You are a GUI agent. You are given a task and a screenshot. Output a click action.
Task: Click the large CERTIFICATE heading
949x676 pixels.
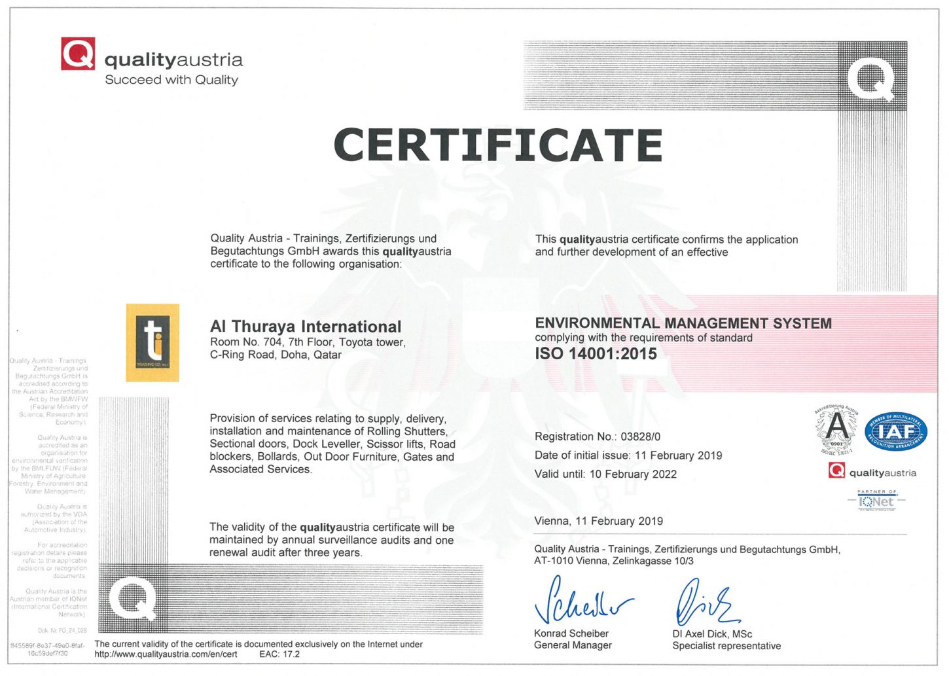(498, 145)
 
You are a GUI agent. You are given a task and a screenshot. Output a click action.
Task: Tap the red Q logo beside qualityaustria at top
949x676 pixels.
(78, 54)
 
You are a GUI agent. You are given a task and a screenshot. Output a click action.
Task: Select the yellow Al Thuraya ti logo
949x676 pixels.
(152, 342)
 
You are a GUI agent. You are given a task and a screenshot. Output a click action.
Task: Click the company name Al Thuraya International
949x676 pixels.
(306, 327)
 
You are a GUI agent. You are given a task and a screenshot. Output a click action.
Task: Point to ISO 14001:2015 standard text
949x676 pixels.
(596, 354)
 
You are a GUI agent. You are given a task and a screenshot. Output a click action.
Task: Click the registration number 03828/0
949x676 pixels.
(640, 436)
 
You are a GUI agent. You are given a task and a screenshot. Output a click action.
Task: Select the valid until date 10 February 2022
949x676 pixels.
(633, 474)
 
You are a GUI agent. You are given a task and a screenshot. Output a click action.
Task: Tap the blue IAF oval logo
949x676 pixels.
(896, 433)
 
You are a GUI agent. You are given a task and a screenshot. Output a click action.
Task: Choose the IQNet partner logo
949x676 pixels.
(876, 501)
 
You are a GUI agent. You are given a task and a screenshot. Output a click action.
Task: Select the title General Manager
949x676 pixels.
(573, 645)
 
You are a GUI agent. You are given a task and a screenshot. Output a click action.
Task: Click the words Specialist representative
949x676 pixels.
(726, 646)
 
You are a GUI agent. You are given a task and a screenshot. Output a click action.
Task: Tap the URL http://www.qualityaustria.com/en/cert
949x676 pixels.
(166, 654)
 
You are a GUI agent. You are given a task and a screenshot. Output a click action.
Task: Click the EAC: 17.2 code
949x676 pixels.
(279, 654)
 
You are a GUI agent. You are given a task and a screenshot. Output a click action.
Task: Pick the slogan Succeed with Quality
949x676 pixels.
(171, 80)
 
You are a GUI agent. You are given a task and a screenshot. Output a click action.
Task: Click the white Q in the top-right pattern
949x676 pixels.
(871, 79)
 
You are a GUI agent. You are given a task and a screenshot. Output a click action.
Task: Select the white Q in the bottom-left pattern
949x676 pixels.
(132, 599)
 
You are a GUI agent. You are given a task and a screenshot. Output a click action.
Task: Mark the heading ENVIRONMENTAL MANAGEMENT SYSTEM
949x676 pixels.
(683, 323)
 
